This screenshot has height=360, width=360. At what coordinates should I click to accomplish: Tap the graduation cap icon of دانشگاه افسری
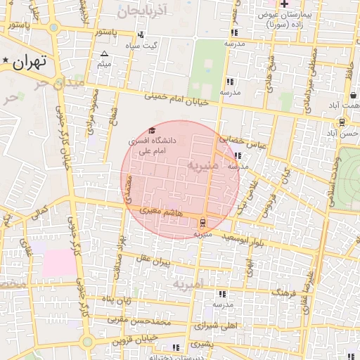152,131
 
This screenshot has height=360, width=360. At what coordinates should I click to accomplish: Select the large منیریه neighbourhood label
204,166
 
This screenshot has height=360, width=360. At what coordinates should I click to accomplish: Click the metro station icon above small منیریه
203,222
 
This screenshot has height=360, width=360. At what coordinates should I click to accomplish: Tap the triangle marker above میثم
105,53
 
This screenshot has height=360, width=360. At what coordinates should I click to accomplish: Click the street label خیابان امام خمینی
176,99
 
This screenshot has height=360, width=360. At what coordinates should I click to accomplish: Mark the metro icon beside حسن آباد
342,122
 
